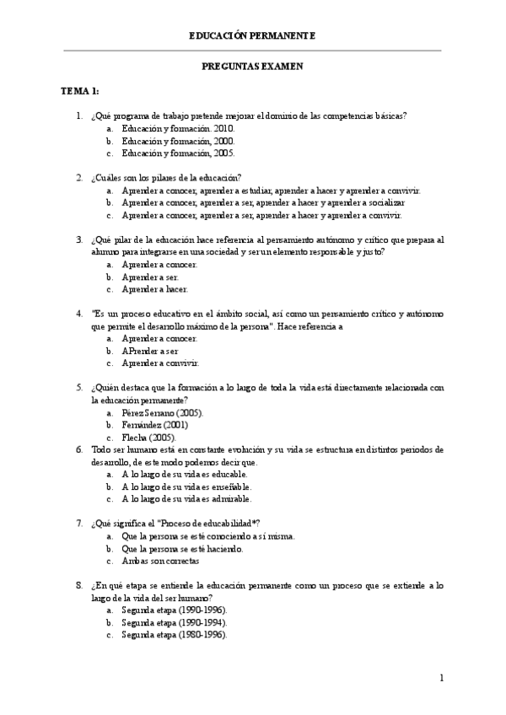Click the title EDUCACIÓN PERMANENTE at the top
point(252,35)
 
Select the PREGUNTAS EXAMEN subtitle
point(252,66)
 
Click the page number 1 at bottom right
point(441,678)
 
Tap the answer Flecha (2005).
point(148,438)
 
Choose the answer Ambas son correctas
point(160,561)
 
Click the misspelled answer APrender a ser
point(149,351)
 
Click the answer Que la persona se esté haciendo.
point(182,548)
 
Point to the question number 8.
point(78,585)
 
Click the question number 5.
point(78,388)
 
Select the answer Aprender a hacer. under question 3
point(154,289)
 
